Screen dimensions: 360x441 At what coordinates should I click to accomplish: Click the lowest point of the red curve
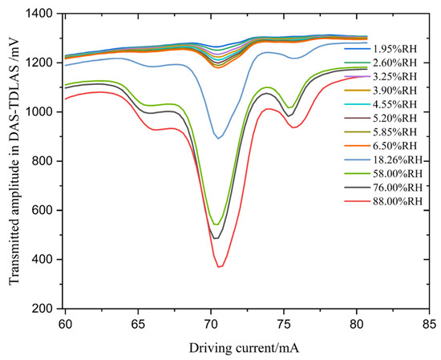pos(219,266)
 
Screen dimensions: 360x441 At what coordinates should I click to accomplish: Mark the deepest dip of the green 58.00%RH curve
pos(216,224)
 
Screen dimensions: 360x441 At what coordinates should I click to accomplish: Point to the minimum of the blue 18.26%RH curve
pos(219,138)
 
